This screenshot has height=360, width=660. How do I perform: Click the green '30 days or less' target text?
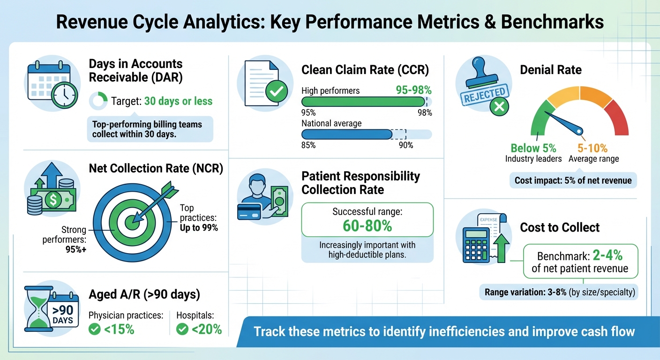click(178, 101)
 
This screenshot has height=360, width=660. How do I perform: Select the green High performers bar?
click(363, 102)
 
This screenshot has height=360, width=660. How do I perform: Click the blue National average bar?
click(346, 135)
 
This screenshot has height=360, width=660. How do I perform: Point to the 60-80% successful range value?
click(367, 225)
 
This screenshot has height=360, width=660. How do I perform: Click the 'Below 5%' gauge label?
click(533, 148)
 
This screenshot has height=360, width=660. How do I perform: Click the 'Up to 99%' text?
click(199, 228)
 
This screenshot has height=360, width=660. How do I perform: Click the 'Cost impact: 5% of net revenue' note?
click(573, 180)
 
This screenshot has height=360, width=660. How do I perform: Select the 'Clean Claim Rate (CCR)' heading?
click(365, 70)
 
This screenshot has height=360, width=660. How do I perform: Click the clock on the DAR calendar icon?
click(64, 96)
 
